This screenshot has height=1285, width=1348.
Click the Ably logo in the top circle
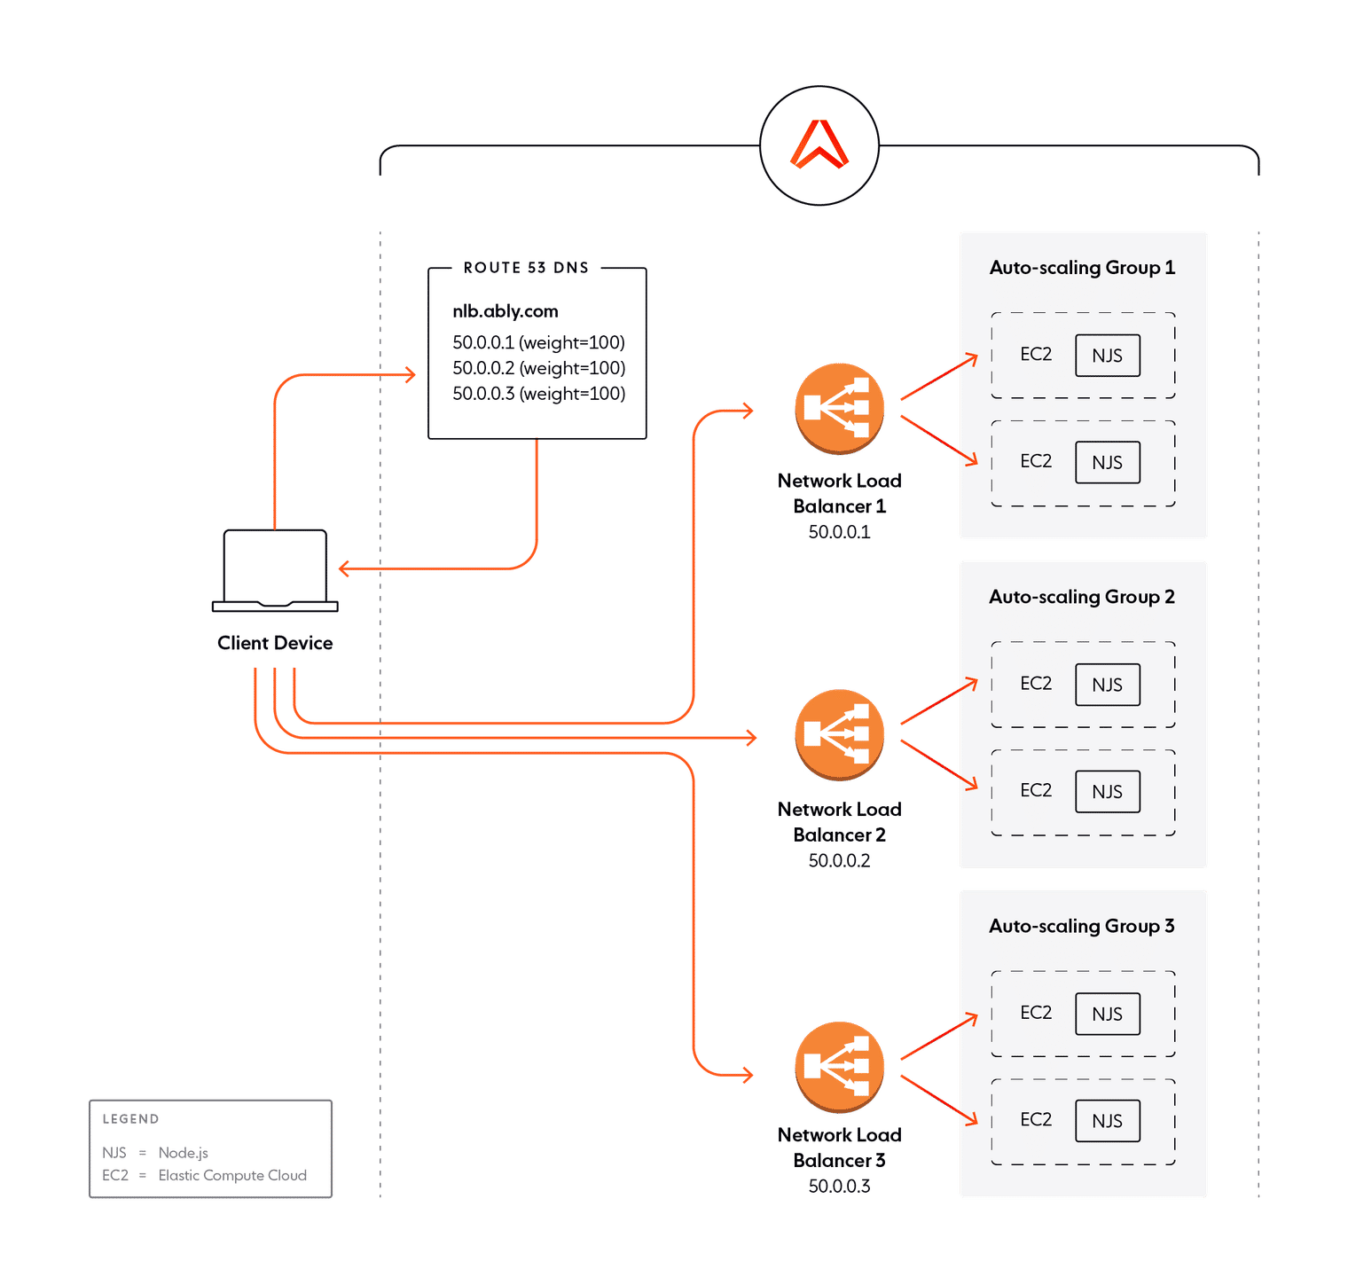tap(819, 145)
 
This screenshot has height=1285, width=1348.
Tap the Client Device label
tap(275, 643)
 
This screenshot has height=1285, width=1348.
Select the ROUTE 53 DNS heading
tap(526, 268)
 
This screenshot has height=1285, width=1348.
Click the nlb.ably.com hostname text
tap(505, 311)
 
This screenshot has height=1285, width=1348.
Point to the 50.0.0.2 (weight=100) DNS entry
tap(538, 368)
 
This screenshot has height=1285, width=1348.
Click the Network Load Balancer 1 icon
tap(839, 408)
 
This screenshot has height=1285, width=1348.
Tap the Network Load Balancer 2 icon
tap(839, 735)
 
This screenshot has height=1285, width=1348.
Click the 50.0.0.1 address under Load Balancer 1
tap(839, 532)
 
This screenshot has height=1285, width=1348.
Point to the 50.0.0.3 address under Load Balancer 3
tap(839, 1186)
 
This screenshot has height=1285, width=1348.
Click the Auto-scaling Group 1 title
tap(1082, 268)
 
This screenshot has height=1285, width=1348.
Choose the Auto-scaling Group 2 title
tap(1082, 597)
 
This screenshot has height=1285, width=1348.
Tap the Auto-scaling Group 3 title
tap(1082, 926)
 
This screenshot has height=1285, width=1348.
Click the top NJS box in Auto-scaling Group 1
tap(1107, 356)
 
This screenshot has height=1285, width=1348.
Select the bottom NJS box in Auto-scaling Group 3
tap(1107, 1121)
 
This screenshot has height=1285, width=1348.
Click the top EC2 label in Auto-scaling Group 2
tap(1035, 684)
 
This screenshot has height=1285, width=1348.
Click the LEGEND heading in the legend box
tap(129, 1119)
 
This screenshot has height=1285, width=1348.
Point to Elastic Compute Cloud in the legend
tap(232, 1175)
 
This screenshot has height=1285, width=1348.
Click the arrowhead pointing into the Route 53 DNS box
tap(410, 374)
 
